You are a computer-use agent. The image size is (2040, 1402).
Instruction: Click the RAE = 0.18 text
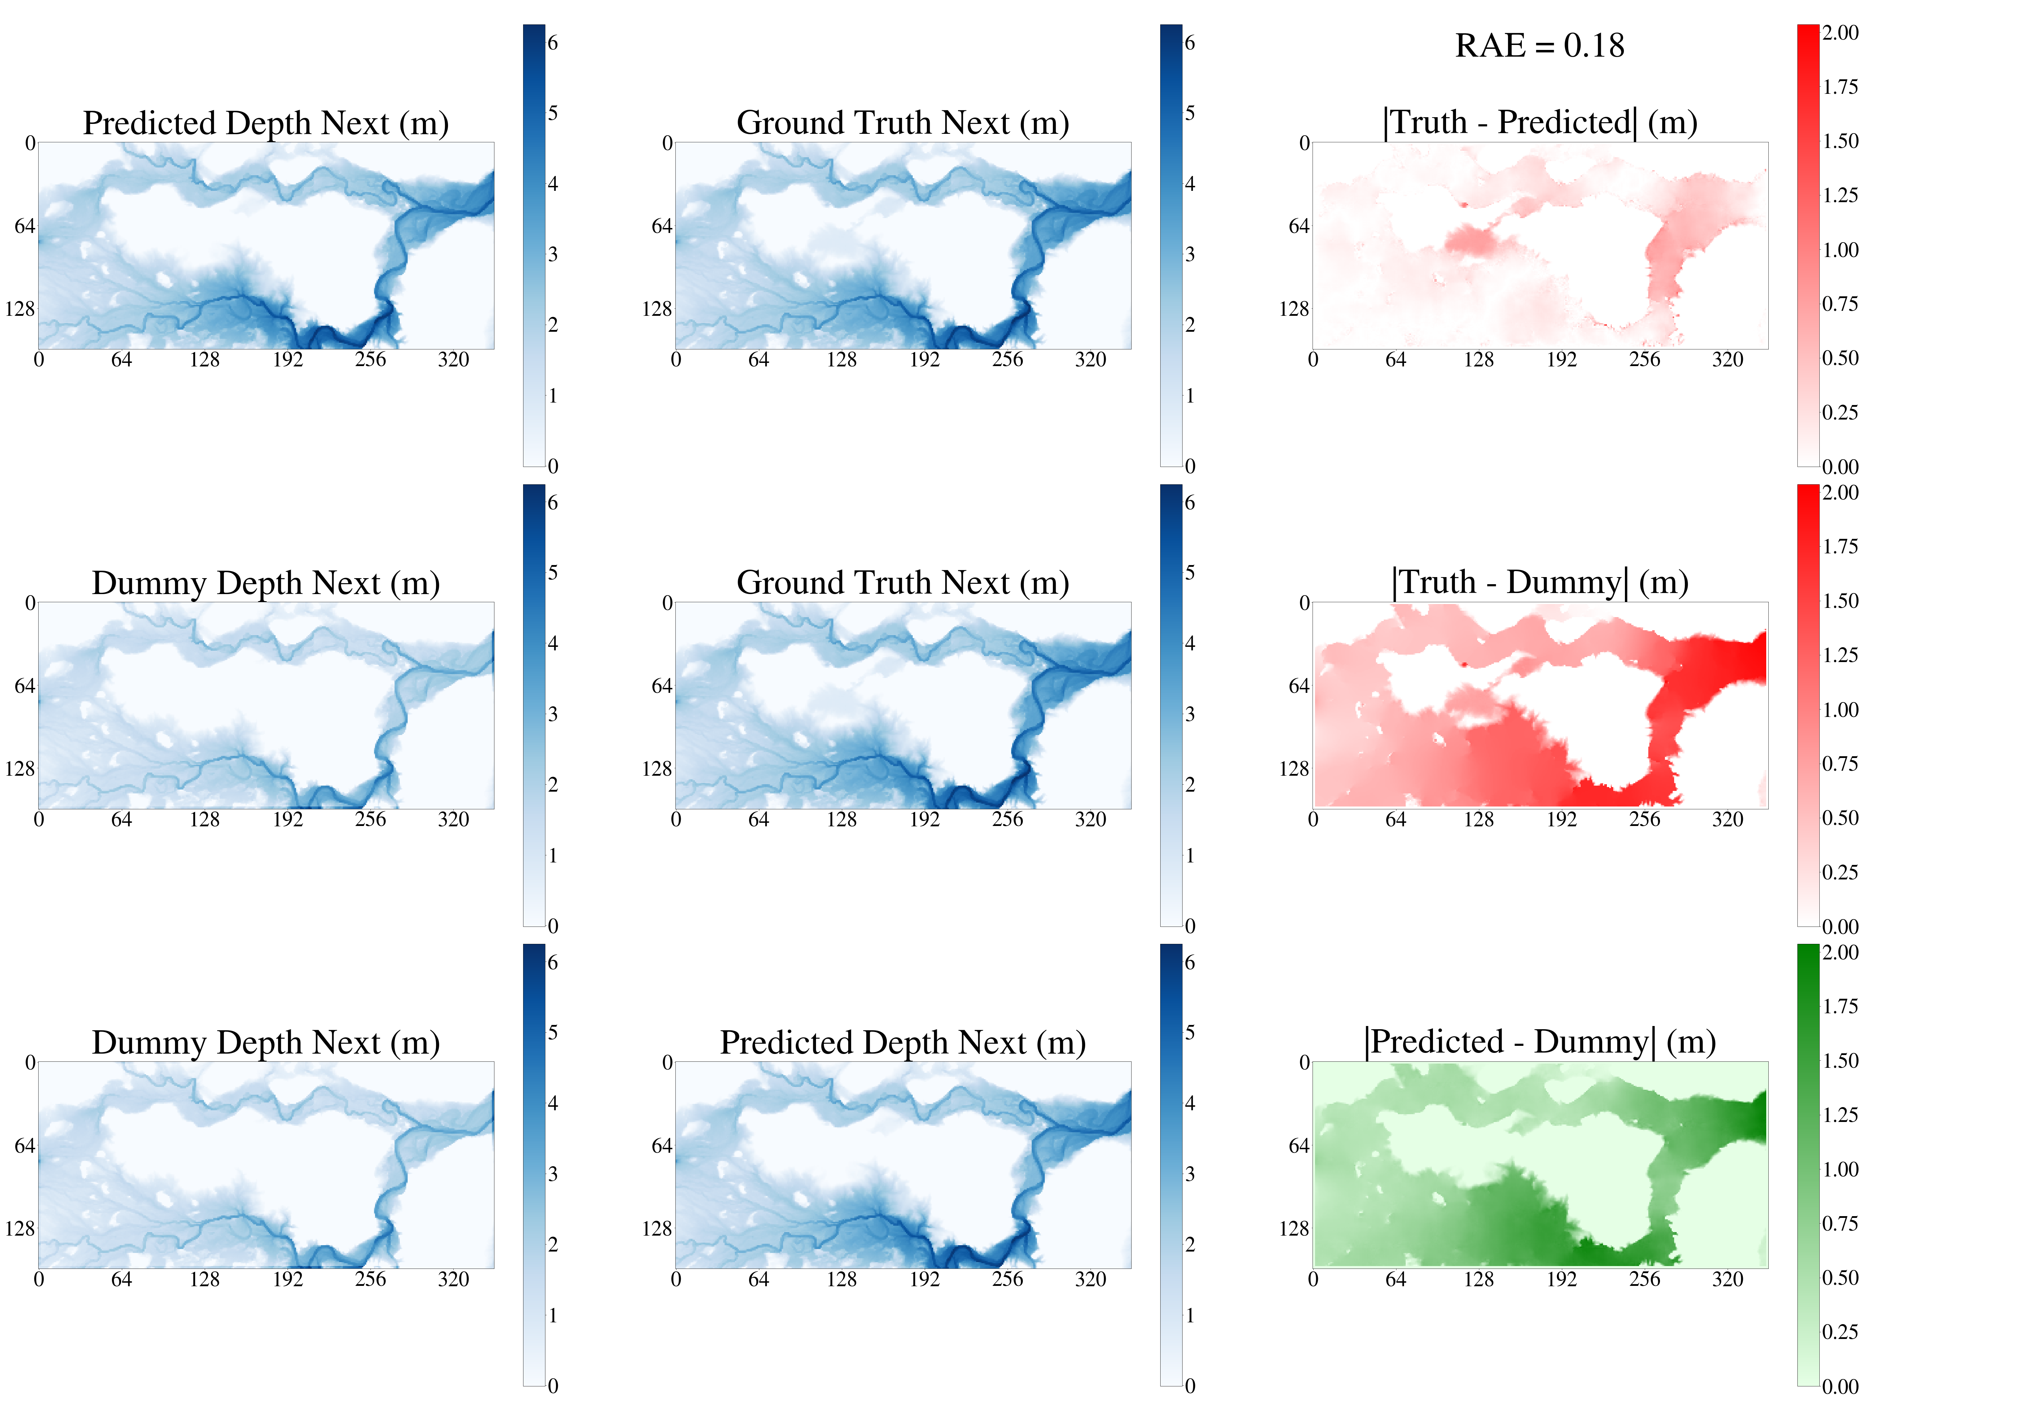[x=1539, y=46]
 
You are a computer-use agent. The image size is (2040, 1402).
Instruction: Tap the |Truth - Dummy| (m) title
[x=1539, y=582]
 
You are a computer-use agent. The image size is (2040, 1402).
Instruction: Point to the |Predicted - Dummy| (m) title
[x=1539, y=1042]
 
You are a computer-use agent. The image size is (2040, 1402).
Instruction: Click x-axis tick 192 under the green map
[x=1561, y=1279]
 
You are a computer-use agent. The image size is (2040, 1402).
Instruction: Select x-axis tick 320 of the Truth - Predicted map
[x=1727, y=359]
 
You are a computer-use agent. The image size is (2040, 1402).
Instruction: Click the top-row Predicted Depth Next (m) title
[x=265, y=123]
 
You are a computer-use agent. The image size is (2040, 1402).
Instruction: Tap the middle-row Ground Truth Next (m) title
[x=902, y=582]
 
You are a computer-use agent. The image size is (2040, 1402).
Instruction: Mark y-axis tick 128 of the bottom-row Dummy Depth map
[x=19, y=1228]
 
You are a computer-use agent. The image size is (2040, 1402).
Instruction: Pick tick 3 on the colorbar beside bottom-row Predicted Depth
[x=1190, y=1174]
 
